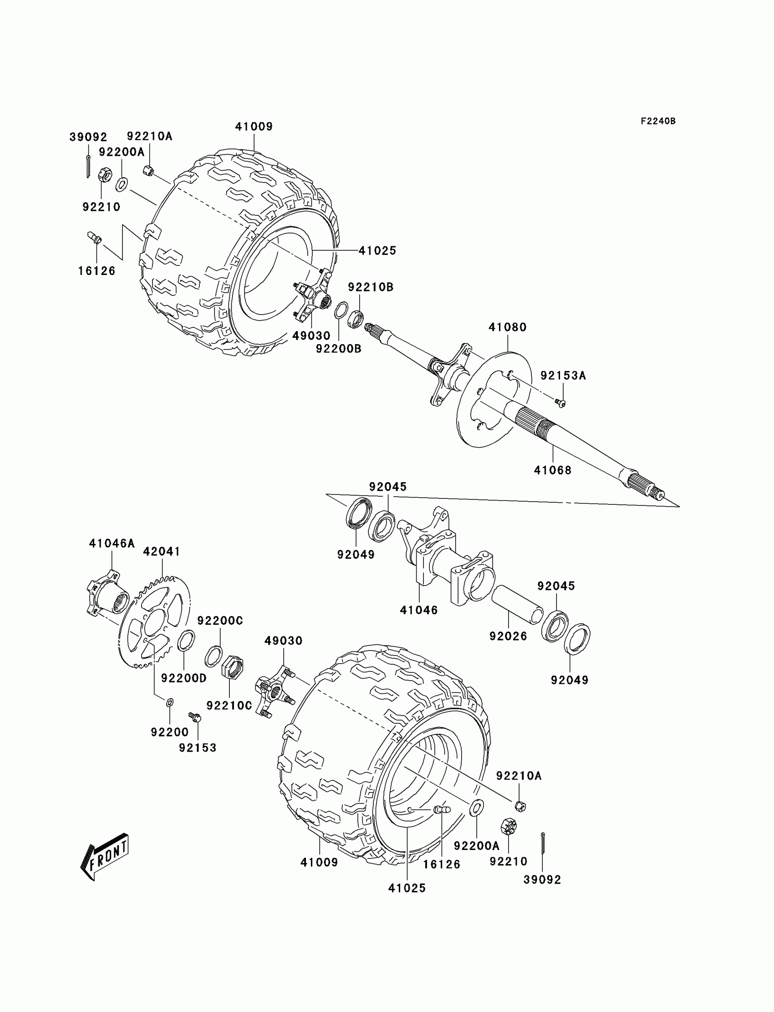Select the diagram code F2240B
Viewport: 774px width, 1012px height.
click(658, 121)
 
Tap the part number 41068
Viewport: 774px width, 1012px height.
click(552, 470)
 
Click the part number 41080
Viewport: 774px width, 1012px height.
click(507, 327)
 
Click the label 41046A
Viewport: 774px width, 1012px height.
click(112, 544)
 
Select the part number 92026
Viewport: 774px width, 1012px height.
click(508, 636)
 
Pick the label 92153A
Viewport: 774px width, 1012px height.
click(563, 376)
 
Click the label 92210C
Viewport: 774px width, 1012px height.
click(229, 705)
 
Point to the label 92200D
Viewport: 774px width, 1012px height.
click(184, 678)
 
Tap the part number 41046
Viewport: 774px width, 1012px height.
click(419, 610)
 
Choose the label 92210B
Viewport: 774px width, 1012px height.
click(371, 287)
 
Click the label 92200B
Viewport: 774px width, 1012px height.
click(339, 349)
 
